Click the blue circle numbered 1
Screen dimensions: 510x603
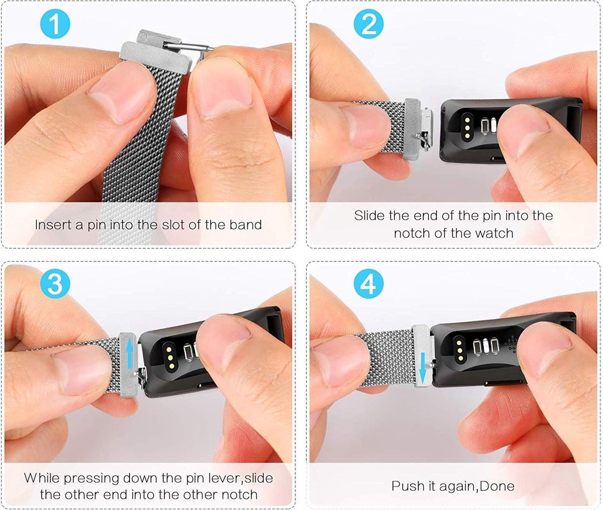click(x=54, y=25)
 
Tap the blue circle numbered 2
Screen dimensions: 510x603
click(x=368, y=25)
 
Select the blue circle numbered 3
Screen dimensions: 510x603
click(x=54, y=284)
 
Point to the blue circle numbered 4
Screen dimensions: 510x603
click(x=368, y=284)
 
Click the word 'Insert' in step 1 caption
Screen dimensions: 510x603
click(x=52, y=225)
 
